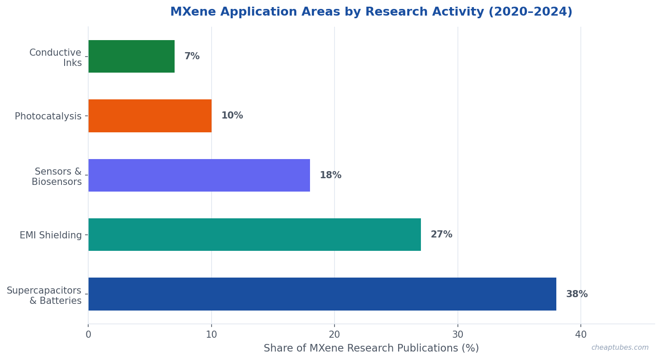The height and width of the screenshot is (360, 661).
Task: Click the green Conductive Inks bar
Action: [131, 57]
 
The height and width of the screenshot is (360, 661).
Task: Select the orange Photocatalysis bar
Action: [150, 116]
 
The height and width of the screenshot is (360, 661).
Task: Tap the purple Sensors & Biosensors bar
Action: [199, 176]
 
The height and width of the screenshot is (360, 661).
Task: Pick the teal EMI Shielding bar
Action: [254, 235]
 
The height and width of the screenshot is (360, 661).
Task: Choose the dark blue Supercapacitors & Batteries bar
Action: [322, 294]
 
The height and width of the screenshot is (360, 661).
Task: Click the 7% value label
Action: [192, 57]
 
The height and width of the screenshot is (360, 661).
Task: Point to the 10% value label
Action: [232, 116]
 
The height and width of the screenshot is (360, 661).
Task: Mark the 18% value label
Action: [330, 176]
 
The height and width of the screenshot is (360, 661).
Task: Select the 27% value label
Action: [441, 235]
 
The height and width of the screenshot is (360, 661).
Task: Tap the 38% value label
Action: [577, 295]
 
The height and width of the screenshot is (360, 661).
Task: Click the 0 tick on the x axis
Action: [88, 335]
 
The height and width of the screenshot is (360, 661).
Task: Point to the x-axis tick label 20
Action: [335, 335]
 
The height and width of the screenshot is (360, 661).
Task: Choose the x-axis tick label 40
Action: [581, 335]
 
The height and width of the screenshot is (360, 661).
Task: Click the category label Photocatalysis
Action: [48, 116]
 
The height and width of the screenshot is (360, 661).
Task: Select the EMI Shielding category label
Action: [51, 235]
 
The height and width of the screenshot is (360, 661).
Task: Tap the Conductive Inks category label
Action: [56, 58]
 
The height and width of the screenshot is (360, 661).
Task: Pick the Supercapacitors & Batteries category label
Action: [44, 296]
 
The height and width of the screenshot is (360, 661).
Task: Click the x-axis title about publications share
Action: [371, 348]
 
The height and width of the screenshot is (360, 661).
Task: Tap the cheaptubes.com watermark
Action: [620, 348]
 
